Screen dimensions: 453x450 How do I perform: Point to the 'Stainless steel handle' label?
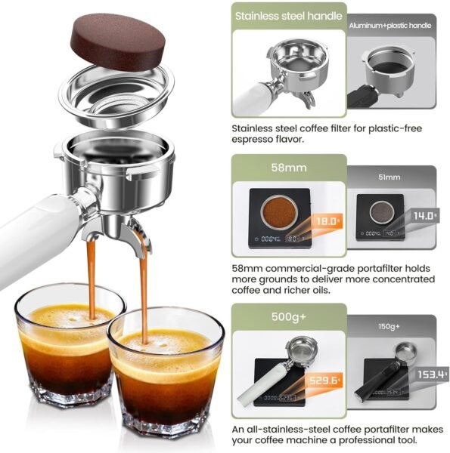(x=288, y=15)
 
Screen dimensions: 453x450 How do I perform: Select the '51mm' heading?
(x=389, y=177)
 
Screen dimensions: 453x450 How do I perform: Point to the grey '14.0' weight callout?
(x=424, y=216)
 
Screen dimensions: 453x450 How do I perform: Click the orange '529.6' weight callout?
(x=323, y=382)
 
